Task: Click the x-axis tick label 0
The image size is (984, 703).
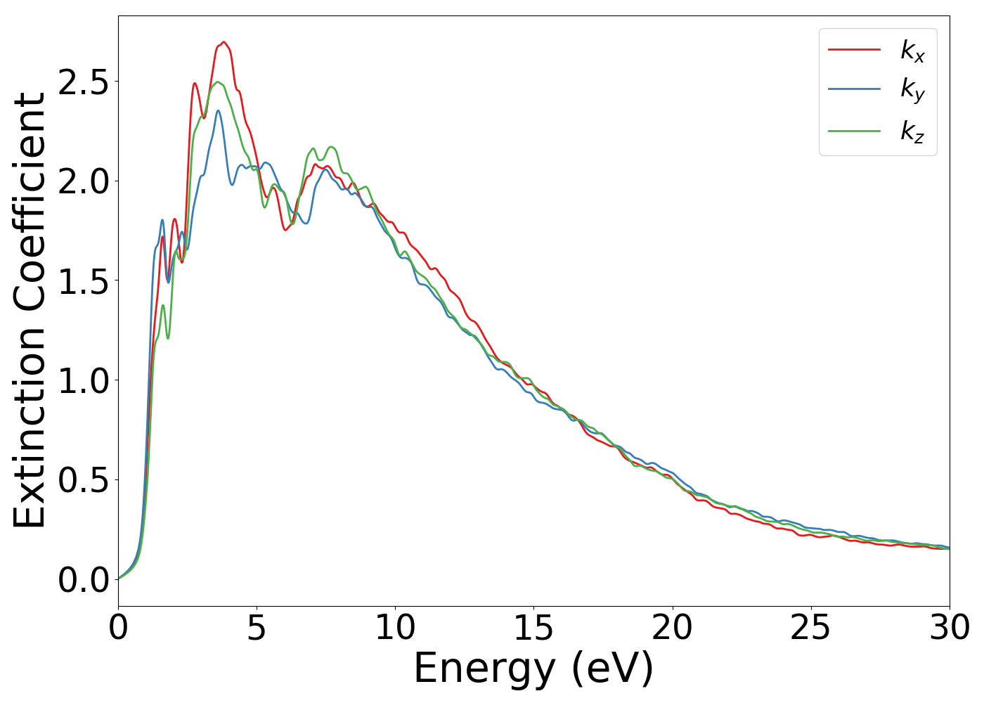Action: pyautogui.click(x=118, y=628)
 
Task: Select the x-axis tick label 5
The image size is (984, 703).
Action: pyautogui.click(x=257, y=628)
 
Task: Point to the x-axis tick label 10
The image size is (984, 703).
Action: pyautogui.click(x=395, y=628)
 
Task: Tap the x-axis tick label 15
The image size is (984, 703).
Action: pyautogui.click(x=533, y=628)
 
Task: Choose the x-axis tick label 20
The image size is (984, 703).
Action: pyautogui.click(x=673, y=628)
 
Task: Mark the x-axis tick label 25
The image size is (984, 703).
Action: pyautogui.click(x=811, y=628)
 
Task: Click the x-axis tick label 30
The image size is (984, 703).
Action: pyautogui.click(x=950, y=628)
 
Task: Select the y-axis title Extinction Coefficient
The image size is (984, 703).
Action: pyautogui.click(x=30, y=310)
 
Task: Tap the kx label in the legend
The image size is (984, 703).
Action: pyautogui.click(x=912, y=51)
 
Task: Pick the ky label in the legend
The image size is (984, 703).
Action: pyautogui.click(x=912, y=90)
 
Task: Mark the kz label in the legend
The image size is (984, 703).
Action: pyautogui.click(x=912, y=131)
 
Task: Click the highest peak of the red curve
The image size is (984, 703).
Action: pyautogui.click(x=224, y=42)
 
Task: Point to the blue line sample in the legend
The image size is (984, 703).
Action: pyautogui.click(x=854, y=89)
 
